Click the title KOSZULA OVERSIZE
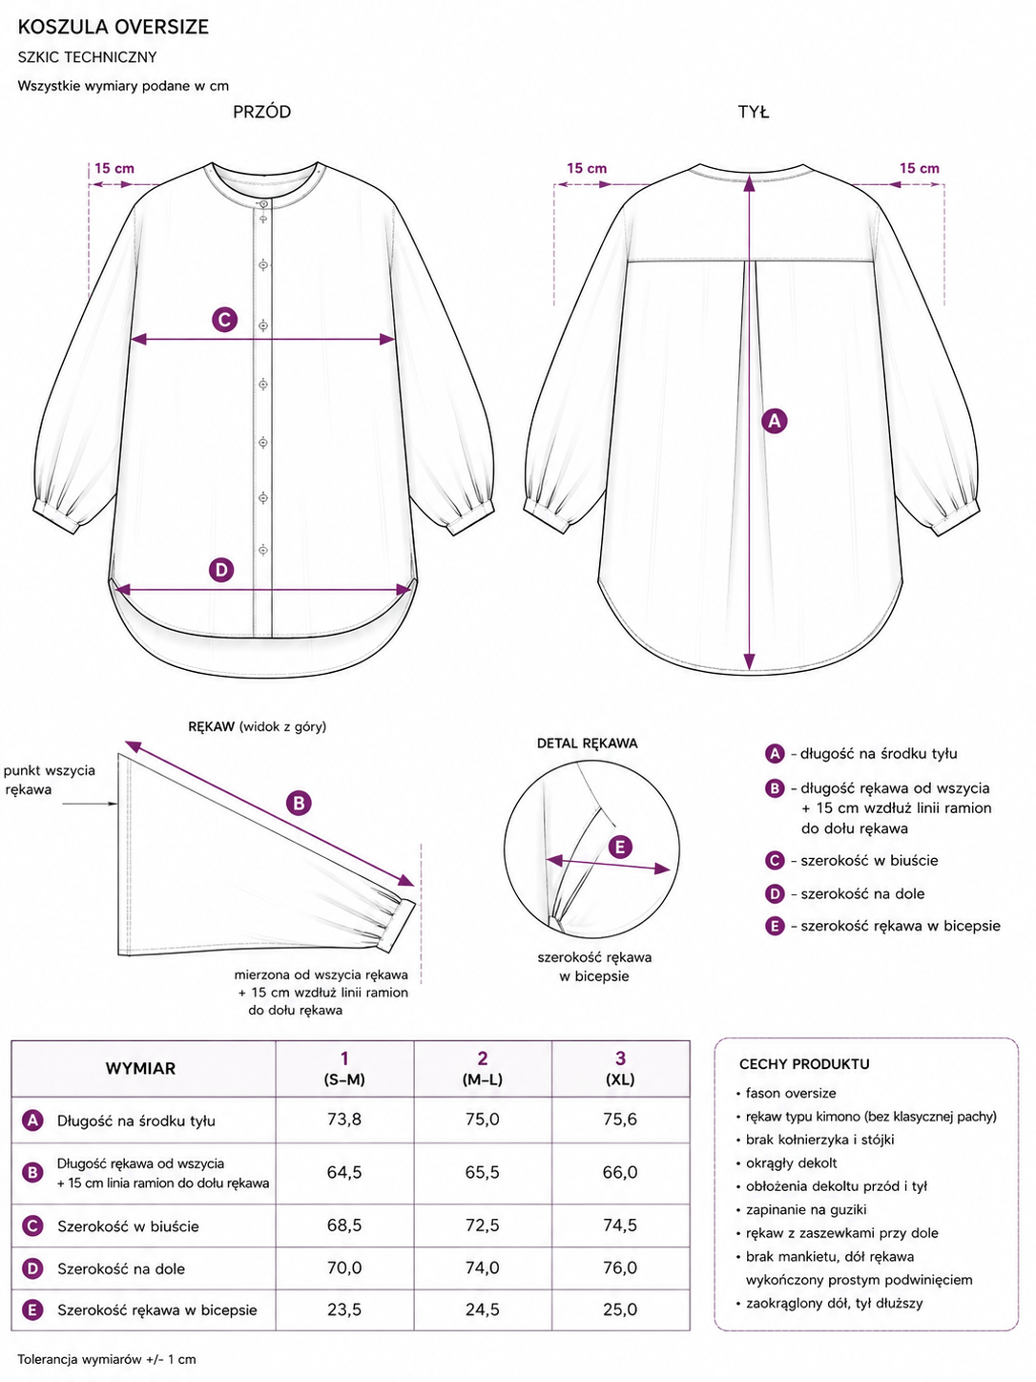tap(114, 27)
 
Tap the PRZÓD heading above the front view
tap(261, 112)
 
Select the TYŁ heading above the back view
tap(753, 113)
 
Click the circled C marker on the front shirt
tap(224, 320)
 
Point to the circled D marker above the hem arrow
tap(221, 571)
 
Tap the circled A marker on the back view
tap(775, 421)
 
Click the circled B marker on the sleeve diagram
tap(299, 804)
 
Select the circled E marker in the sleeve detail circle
tap(619, 847)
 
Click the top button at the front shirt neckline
tap(263, 204)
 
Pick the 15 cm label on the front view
tap(114, 169)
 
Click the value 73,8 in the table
tap(344, 1119)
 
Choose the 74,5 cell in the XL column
tap(619, 1225)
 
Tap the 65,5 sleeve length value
tap(482, 1172)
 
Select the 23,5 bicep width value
tap(344, 1309)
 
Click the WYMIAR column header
tap(140, 1068)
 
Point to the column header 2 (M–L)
tap(482, 1068)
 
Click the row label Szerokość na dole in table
tap(121, 1268)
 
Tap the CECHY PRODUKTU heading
tap(804, 1064)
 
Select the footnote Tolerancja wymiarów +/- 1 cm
tap(106, 1359)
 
